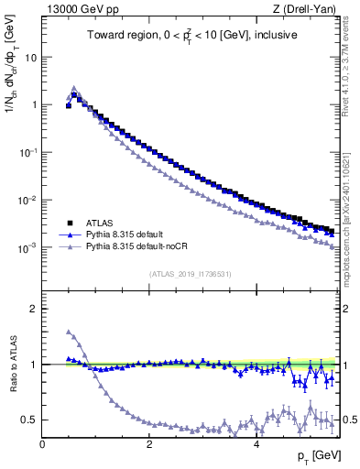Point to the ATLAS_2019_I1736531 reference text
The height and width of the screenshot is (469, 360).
190,274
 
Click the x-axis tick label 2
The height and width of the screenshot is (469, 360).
149,444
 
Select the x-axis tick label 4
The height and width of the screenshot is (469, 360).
256,444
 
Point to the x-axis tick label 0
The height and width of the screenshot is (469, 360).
42,444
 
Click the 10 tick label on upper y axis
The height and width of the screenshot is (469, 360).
30,57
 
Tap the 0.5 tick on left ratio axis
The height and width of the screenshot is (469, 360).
29,420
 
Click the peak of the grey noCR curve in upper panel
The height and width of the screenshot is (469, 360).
74,88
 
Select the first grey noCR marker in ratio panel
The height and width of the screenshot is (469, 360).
69,332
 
